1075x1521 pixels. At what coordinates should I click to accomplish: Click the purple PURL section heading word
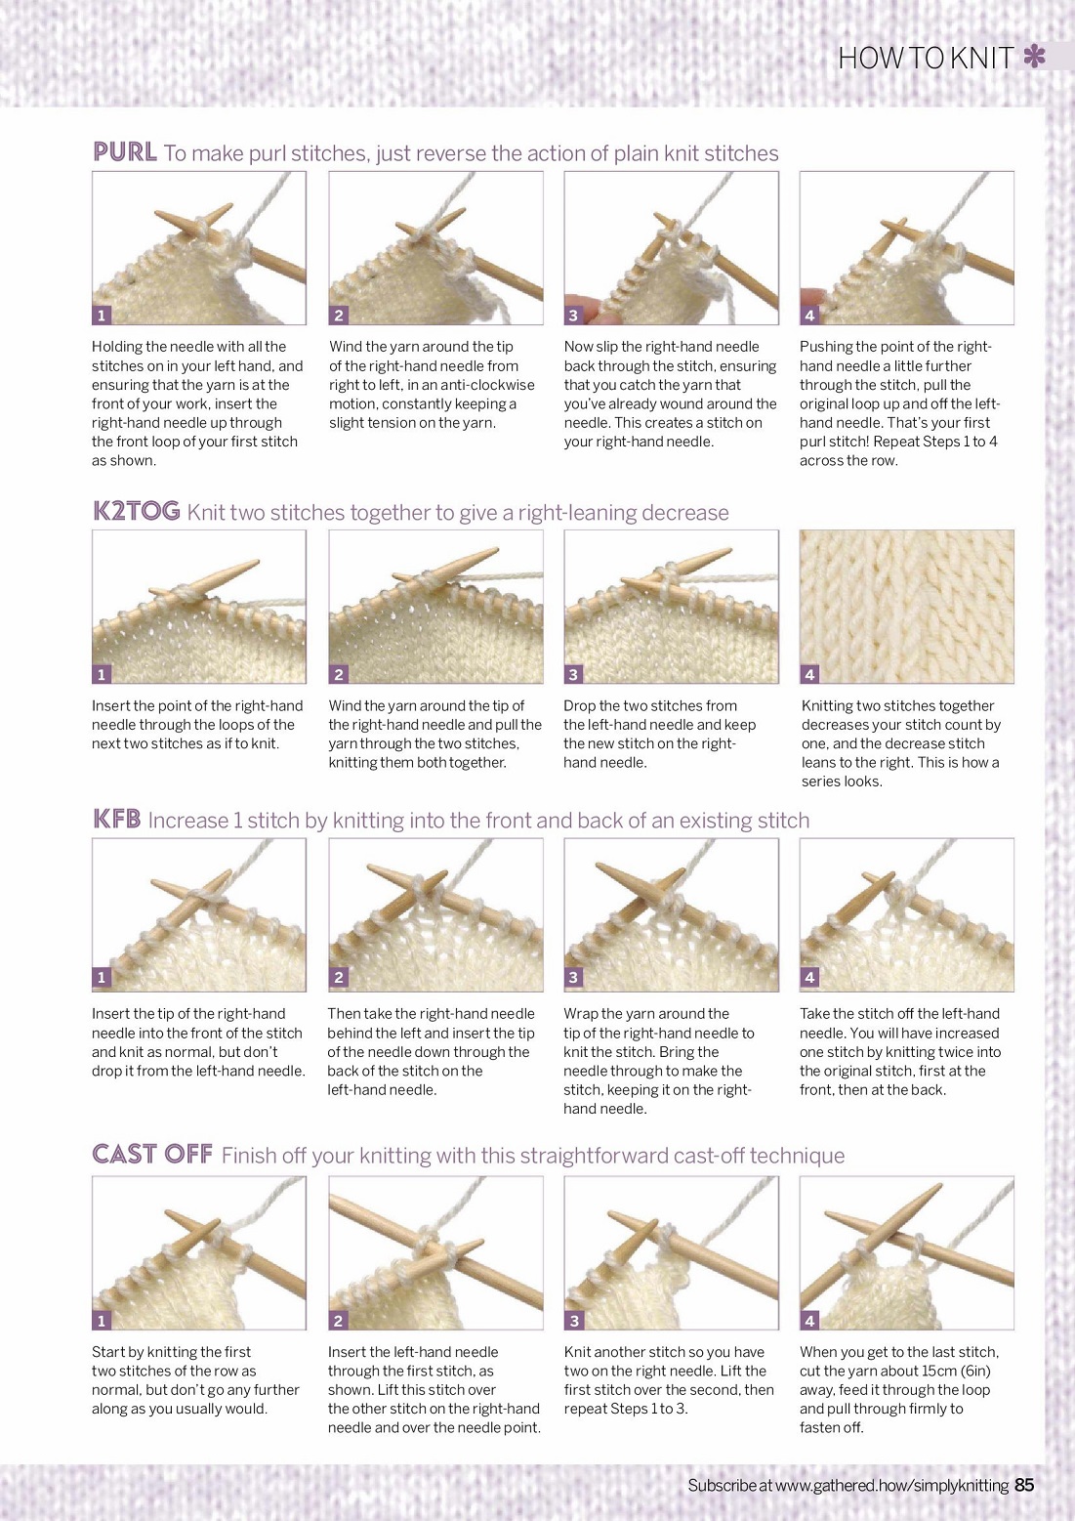pyautogui.click(x=125, y=151)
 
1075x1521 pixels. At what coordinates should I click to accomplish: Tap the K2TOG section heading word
pyautogui.click(x=137, y=511)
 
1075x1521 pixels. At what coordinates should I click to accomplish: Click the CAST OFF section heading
pyautogui.click(x=152, y=1154)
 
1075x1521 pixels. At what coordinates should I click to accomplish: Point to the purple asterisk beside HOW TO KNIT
pyautogui.click(x=1034, y=57)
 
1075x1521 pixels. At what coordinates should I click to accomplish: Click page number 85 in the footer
pyautogui.click(x=1024, y=1485)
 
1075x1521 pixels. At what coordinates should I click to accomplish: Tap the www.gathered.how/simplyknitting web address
pyautogui.click(x=891, y=1486)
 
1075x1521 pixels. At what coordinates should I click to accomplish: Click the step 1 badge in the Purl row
pyautogui.click(x=102, y=316)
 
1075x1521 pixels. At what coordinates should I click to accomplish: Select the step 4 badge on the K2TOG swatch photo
pyautogui.click(x=809, y=674)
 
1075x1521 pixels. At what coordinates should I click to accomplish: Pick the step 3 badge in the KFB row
pyautogui.click(x=573, y=977)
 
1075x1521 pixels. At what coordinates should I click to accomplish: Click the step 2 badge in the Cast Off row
pyautogui.click(x=338, y=1321)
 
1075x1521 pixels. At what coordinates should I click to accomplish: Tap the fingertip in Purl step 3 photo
pyautogui.click(x=582, y=307)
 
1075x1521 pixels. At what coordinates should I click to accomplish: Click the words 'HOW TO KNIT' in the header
pyautogui.click(x=927, y=58)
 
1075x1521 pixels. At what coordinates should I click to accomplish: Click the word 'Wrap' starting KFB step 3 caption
pyautogui.click(x=581, y=1014)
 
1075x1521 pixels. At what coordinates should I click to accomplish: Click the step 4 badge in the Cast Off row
pyautogui.click(x=809, y=1321)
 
